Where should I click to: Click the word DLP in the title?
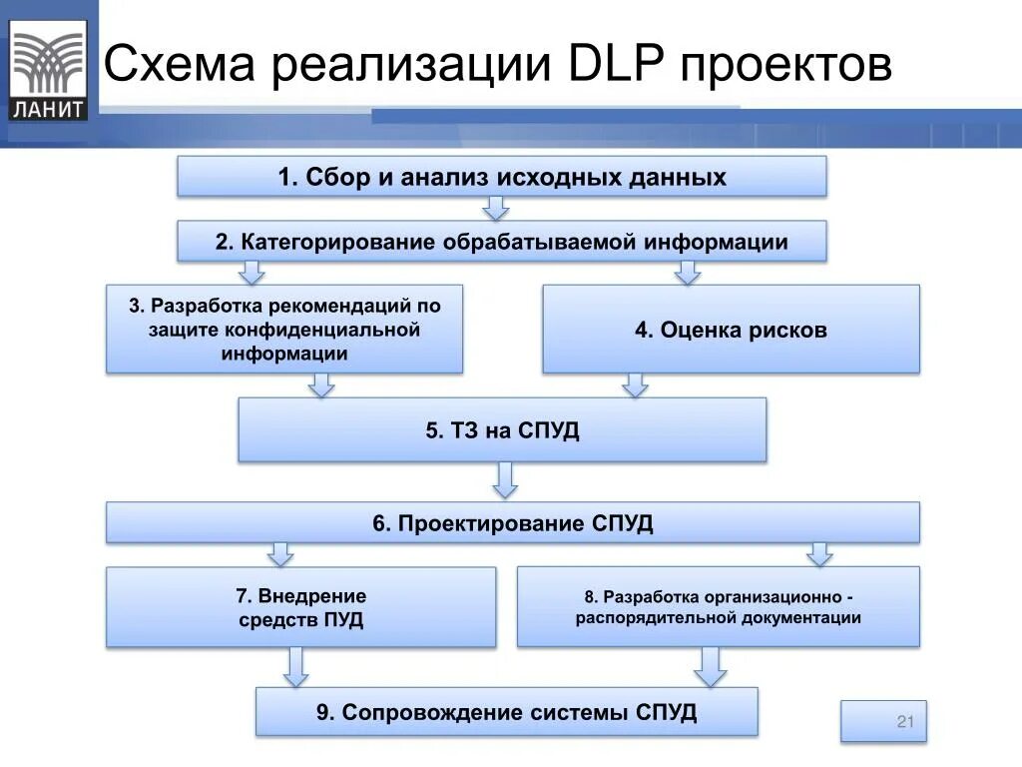click(611, 66)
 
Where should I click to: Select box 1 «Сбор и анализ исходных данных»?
click(502, 178)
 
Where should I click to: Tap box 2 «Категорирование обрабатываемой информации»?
click(502, 242)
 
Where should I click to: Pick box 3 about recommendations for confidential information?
click(284, 329)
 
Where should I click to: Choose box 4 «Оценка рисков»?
click(731, 330)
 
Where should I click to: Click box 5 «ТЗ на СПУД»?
click(502, 430)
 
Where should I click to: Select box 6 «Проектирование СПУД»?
click(513, 523)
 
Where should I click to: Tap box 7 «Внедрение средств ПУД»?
click(300, 607)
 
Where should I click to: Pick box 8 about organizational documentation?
click(718, 607)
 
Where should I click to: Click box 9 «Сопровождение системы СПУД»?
click(506, 712)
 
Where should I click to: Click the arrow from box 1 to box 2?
click(496, 208)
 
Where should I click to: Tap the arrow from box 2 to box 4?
click(685, 273)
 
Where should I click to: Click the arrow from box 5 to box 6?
click(506, 480)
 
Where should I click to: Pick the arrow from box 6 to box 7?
click(280, 554)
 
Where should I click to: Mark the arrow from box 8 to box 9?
click(710, 666)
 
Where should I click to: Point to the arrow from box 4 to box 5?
click(635, 385)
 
